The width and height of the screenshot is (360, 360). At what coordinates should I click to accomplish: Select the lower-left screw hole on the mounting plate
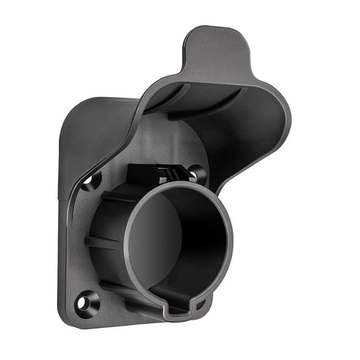click(82, 303)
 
